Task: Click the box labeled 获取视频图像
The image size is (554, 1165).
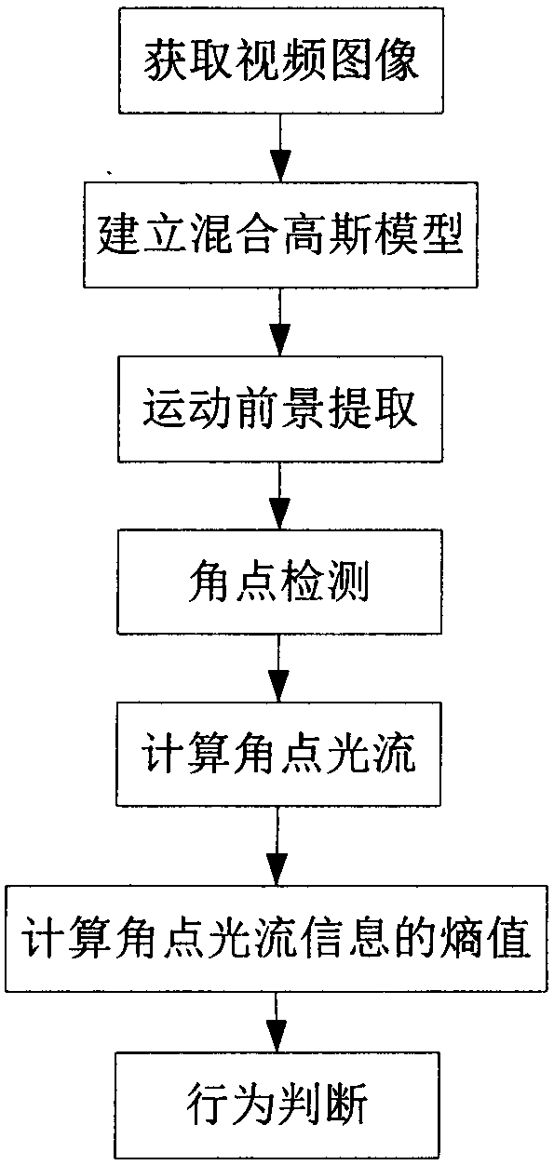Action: [x=281, y=60]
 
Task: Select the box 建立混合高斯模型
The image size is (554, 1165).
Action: [x=280, y=234]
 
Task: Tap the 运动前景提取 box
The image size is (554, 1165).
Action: [x=280, y=408]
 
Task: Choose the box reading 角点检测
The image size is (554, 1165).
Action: [x=279, y=582]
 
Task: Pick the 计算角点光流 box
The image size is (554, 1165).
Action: [x=278, y=755]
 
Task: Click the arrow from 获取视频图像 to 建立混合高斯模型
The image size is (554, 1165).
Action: [x=280, y=147]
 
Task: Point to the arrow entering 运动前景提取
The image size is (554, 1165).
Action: [x=280, y=322]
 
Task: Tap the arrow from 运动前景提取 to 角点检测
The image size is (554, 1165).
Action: [x=279, y=496]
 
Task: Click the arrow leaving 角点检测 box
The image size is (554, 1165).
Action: [x=278, y=668]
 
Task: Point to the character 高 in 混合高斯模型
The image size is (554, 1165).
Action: [x=304, y=234]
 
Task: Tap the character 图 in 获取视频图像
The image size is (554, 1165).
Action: [x=351, y=60]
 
